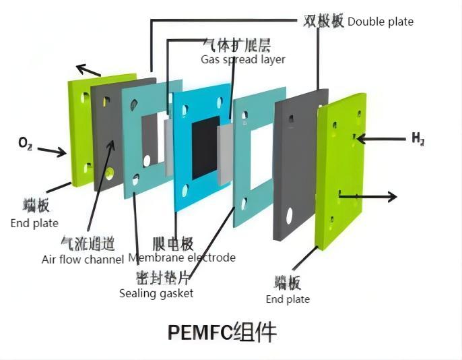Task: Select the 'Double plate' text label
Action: coord(381,22)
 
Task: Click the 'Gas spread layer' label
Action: coord(242,59)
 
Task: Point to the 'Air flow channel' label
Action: coord(83,258)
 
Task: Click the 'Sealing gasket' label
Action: coord(156,293)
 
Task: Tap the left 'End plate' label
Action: coord(34,223)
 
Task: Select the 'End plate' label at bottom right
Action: coord(288,299)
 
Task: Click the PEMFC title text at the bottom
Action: coord(222,332)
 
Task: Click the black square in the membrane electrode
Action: coord(205,147)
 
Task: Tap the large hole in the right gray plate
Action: coord(289,216)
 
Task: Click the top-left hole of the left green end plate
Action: coord(83,98)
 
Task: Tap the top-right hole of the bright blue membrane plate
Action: coord(220,103)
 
